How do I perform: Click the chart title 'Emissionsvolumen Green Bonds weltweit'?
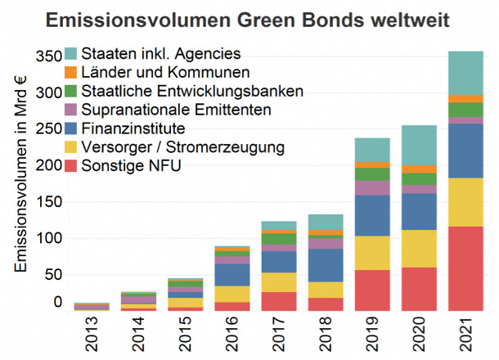(249, 19)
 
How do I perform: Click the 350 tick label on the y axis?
(50, 56)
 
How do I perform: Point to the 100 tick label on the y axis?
(50, 238)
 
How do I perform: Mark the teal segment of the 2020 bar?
(418, 145)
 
